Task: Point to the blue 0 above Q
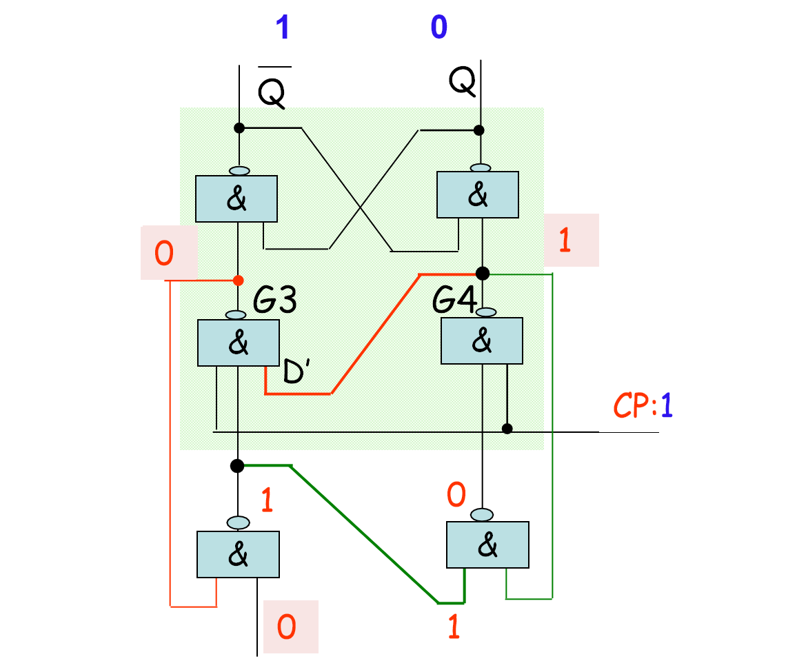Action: click(x=438, y=28)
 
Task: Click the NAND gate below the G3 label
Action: click(x=238, y=342)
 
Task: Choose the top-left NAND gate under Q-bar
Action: click(x=236, y=198)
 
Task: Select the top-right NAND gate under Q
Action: click(x=478, y=195)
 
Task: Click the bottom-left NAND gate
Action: click(x=238, y=554)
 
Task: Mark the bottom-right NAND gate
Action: click(x=487, y=544)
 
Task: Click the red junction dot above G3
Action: click(x=238, y=281)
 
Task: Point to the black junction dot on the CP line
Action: click(x=507, y=429)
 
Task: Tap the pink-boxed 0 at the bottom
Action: click(x=289, y=627)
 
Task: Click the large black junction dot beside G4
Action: click(x=483, y=274)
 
